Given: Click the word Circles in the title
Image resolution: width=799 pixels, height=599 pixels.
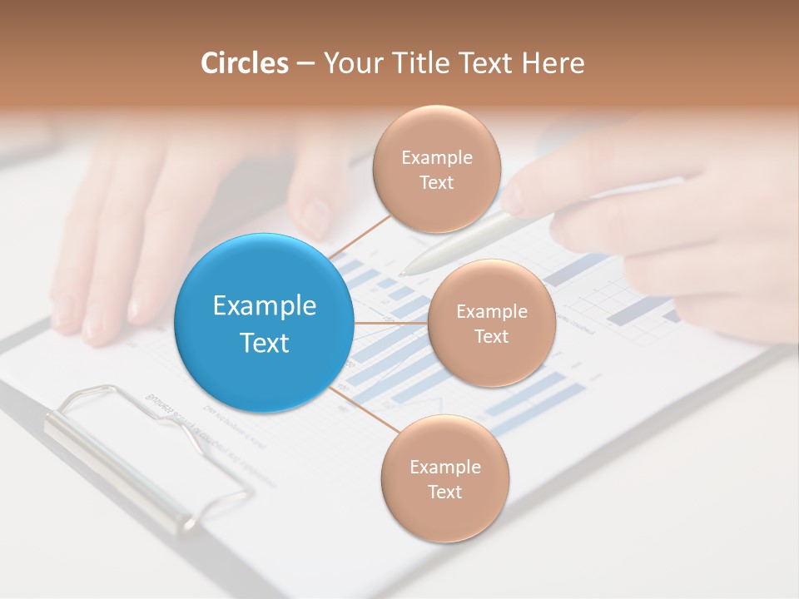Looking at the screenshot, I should [x=244, y=63].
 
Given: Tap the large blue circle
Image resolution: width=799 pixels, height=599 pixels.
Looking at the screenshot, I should [x=264, y=323].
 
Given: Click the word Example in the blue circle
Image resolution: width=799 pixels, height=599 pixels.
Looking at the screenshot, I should [x=265, y=306].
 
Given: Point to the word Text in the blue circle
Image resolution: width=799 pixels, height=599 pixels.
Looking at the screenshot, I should [x=265, y=343].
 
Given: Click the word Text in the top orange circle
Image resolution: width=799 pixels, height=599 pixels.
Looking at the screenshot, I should [x=436, y=182].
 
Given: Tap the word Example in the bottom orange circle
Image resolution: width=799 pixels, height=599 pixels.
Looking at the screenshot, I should [x=445, y=467].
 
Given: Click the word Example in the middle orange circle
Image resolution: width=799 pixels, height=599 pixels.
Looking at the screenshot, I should [x=492, y=311].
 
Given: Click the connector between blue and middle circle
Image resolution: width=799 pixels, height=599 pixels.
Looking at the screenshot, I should [x=390, y=323].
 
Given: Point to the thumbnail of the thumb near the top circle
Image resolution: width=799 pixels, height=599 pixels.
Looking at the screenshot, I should [x=315, y=218].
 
